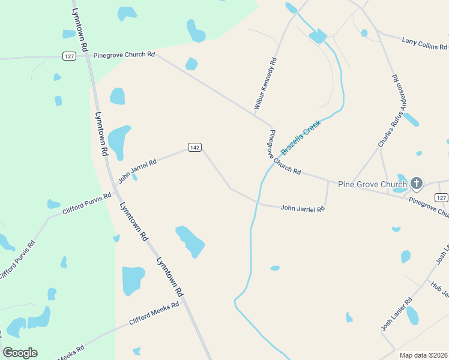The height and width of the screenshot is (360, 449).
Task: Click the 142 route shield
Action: (x=194, y=148)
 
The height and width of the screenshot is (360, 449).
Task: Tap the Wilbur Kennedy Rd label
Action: (x=265, y=83)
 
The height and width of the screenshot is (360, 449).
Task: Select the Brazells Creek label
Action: (x=301, y=137)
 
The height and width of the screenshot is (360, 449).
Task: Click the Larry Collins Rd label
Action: (x=424, y=44)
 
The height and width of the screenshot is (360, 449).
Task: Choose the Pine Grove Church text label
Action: (x=372, y=184)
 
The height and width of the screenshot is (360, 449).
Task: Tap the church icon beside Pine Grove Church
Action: (x=417, y=184)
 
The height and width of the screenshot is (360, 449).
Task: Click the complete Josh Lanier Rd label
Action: (x=397, y=315)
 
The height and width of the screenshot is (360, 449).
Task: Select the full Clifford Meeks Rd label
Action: (x=154, y=313)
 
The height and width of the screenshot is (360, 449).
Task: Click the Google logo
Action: (x=20, y=353)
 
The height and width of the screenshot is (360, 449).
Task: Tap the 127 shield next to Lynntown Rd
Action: (x=69, y=56)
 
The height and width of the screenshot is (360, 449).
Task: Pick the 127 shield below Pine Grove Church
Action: (x=441, y=198)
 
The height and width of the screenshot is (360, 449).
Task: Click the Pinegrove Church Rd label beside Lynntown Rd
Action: (x=124, y=55)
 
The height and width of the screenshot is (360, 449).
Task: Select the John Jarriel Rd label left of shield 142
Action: (x=137, y=170)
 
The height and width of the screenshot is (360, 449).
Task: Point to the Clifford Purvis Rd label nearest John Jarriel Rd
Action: (x=87, y=204)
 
